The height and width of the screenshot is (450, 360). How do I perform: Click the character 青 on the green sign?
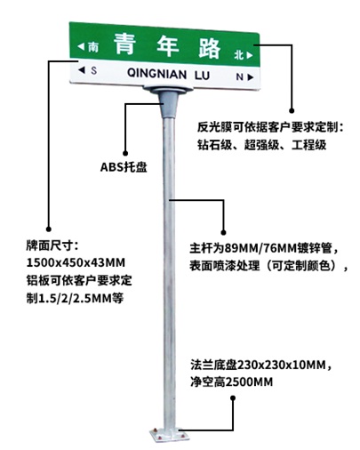pyautogui.click(x=124, y=44)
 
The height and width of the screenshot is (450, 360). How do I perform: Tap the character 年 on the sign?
pyautogui.click(x=167, y=45)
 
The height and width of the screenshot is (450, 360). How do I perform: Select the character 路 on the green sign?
pyautogui.click(x=210, y=48)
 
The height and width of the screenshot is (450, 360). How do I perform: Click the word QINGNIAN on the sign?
pyautogui.click(x=156, y=73)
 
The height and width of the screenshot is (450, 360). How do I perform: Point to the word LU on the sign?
pyautogui.click(x=202, y=76)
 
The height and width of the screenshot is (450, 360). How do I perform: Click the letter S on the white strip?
pyautogui.click(x=93, y=70)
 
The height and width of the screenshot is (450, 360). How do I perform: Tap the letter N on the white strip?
pyautogui.click(x=239, y=76)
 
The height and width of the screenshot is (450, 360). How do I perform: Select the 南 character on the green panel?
pyautogui.click(x=93, y=47)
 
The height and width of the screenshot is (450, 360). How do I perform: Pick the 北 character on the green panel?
pyautogui.click(x=239, y=54)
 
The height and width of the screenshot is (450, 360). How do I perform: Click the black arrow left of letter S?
pyautogui.click(x=82, y=70)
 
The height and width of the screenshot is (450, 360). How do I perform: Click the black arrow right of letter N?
pyautogui.click(x=251, y=77)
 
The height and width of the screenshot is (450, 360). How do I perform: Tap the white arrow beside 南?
pyautogui.click(x=81, y=46)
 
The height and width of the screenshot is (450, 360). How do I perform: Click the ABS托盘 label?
pyautogui.click(x=124, y=167)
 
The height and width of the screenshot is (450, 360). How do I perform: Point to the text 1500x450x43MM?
pyautogui.click(x=76, y=262)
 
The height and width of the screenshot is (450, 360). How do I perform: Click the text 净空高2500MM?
pyautogui.click(x=231, y=382)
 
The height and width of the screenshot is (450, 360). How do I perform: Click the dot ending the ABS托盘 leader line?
pyautogui.click(x=125, y=153)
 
